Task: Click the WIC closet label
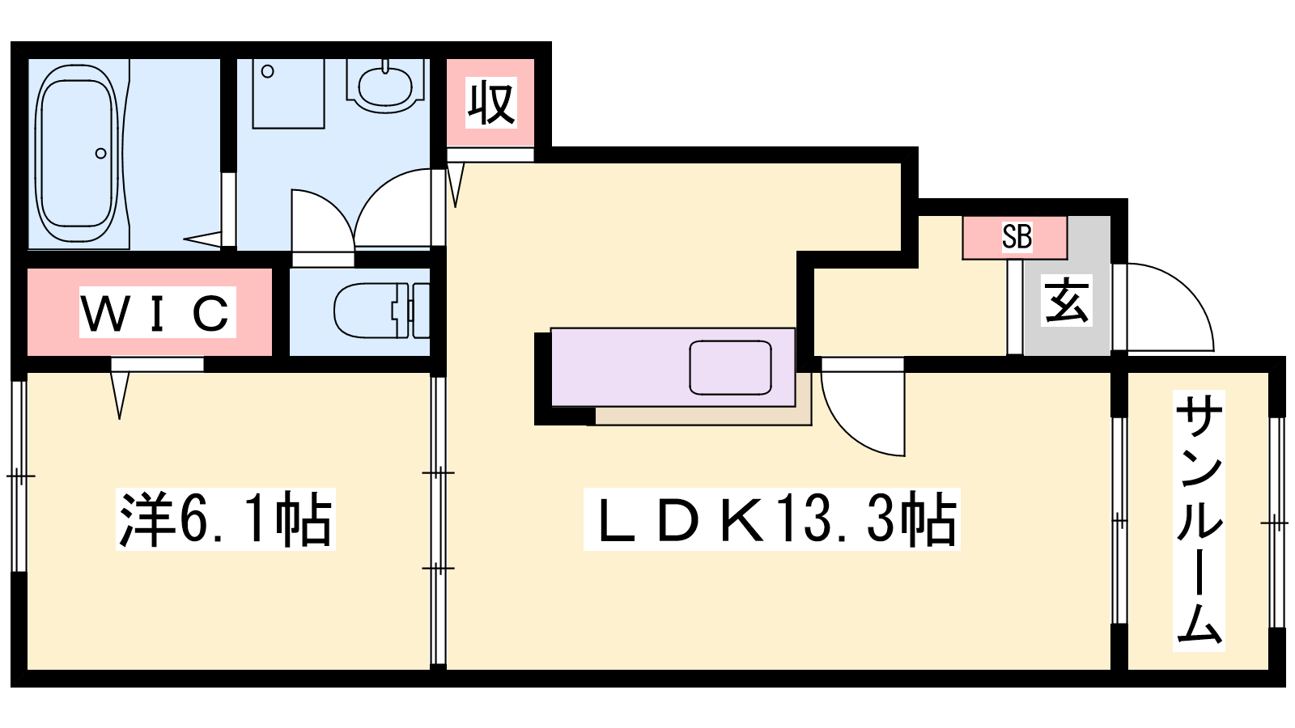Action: pyautogui.click(x=157, y=312)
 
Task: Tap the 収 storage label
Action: pyautogui.click(x=490, y=104)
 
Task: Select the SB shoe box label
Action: pyautogui.click(x=1017, y=236)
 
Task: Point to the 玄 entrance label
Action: pyautogui.click(x=1067, y=300)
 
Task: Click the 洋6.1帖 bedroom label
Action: pyautogui.click(x=226, y=518)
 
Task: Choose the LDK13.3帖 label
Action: pyautogui.click(x=771, y=518)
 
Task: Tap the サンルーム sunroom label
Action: pyautogui.click(x=1199, y=520)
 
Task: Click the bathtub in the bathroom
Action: pyautogui.click(x=78, y=153)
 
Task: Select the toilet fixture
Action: pyautogui.click(x=381, y=311)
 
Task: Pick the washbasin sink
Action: pyautogui.click(x=385, y=87)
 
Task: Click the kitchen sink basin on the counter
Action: pyautogui.click(x=730, y=368)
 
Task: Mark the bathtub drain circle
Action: pyautogui.click(x=100, y=153)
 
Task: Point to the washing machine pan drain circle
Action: pyautogui.click(x=267, y=72)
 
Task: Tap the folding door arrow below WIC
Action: pyautogui.click(x=120, y=396)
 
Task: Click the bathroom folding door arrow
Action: pyautogui.click(x=202, y=238)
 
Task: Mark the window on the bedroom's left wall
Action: pyautogui.click(x=19, y=476)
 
